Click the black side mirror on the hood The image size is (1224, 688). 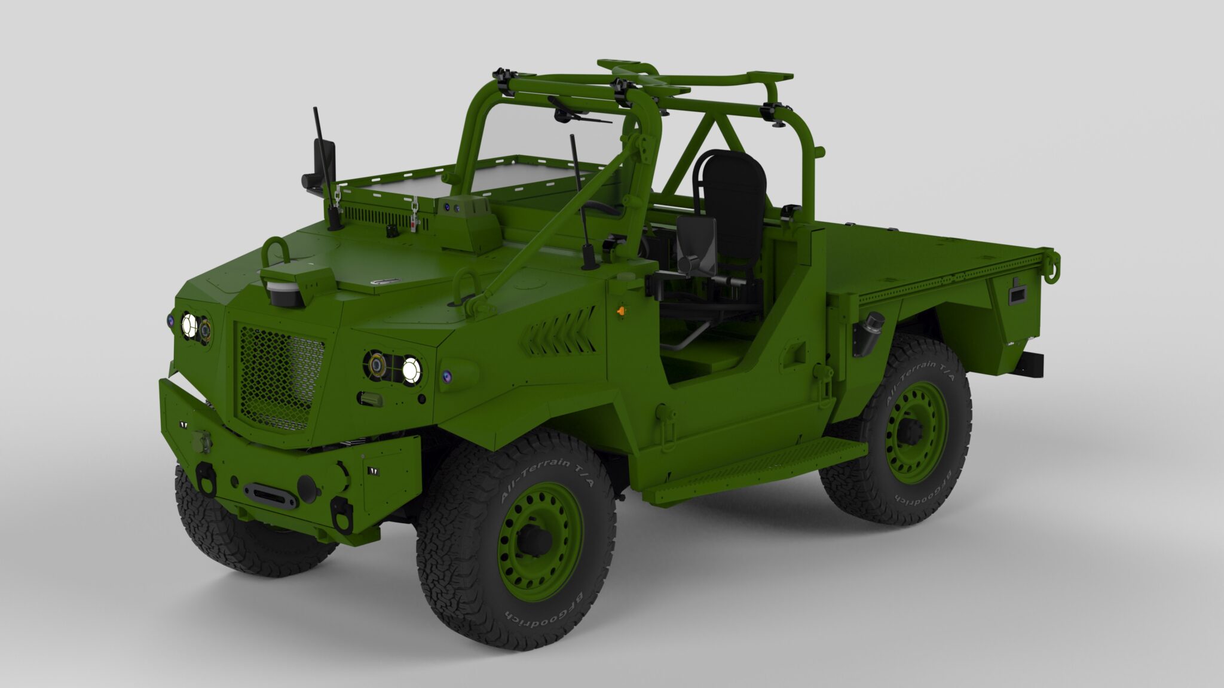tap(323, 164)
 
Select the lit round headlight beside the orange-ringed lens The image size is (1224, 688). tap(411, 370)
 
